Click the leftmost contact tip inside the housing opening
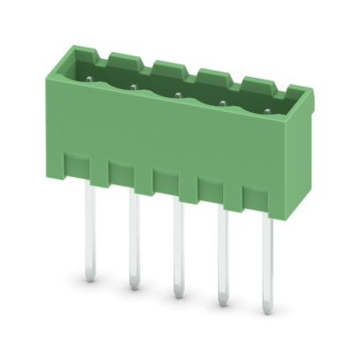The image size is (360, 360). (x=91, y=80)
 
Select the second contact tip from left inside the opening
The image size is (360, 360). (x=132, y=87)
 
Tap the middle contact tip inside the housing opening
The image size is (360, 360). (x=176, y=94)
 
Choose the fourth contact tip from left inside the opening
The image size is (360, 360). (x=221, y=103)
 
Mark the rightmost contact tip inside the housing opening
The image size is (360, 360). (x=266, y=111)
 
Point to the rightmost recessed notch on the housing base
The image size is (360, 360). (x=255, y=196)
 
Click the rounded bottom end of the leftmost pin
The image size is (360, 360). (x=90, y=276)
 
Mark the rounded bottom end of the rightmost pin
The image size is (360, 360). (x=267, y=309)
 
